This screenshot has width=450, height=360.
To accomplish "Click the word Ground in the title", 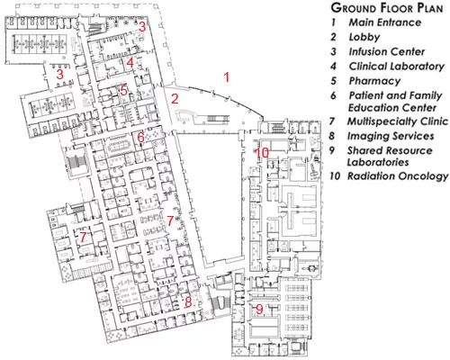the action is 352,8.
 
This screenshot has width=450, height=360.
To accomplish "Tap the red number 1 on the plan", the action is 227,77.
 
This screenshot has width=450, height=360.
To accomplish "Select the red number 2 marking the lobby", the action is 175,99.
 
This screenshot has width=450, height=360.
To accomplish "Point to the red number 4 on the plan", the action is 130,63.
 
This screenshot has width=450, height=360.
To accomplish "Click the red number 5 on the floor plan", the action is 124,91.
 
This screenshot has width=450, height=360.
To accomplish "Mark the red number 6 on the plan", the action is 140,138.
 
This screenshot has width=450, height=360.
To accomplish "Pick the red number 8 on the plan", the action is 188,301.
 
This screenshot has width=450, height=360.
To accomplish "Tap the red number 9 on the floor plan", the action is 259,310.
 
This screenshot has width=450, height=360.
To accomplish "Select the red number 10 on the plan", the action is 262,153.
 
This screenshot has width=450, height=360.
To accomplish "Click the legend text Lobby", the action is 364,37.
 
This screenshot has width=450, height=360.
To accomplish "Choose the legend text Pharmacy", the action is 374,81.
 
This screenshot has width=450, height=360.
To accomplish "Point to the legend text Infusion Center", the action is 386,51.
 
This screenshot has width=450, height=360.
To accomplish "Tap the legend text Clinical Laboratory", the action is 396,67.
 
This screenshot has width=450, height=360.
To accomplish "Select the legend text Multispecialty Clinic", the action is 398,121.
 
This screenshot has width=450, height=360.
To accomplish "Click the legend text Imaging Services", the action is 391,136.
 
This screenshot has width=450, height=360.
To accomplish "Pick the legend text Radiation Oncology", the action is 398,176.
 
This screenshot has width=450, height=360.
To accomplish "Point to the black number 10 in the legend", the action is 335,176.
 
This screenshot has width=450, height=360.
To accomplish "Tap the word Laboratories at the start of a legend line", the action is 378,162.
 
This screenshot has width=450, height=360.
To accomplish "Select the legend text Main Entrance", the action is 385,22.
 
